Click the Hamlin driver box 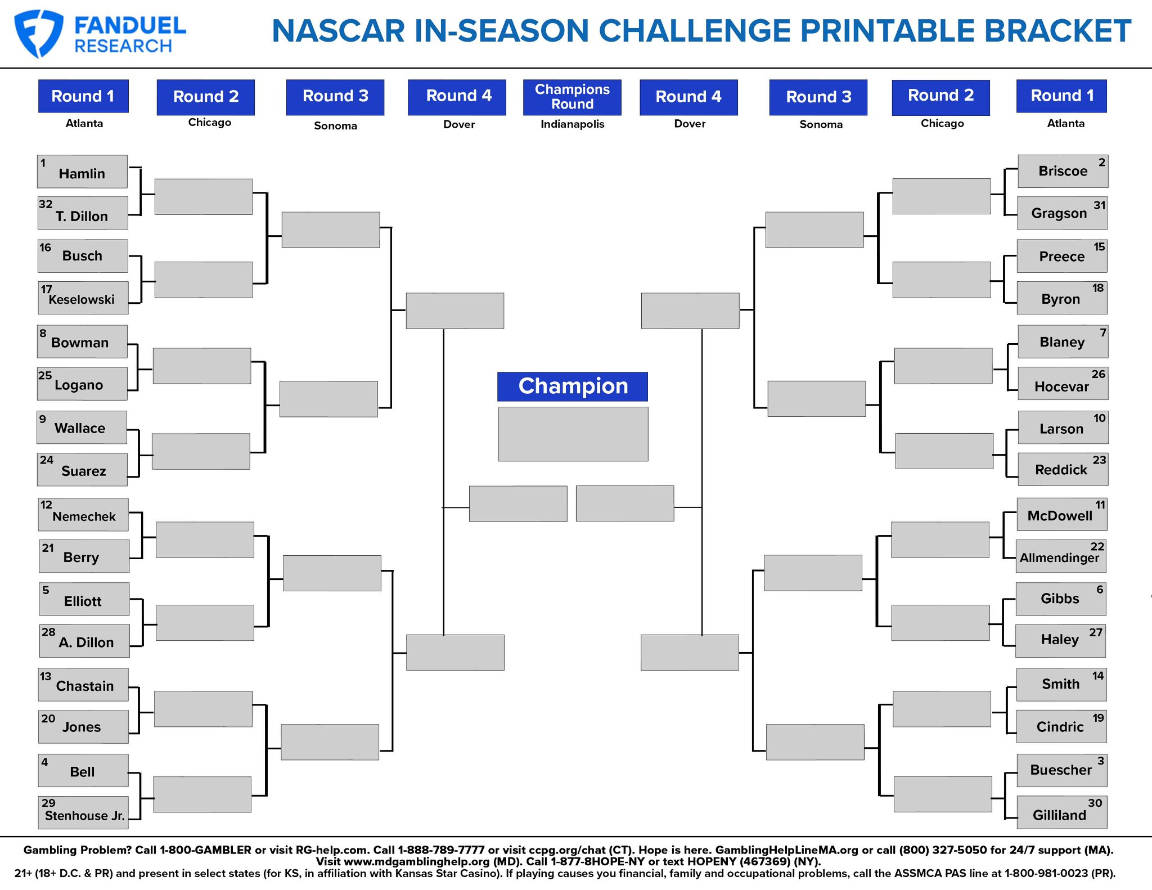82,172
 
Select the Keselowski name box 83,298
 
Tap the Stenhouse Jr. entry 83,812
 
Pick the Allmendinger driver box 1061,556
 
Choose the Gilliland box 1062,812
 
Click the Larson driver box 1063,428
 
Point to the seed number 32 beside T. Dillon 46,204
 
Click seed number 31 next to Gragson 1100,205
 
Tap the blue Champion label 573,386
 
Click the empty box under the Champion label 573,434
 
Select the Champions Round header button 572,97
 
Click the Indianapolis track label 573,124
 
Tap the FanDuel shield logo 38,33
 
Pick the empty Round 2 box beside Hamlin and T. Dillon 204,197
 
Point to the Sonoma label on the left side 335,125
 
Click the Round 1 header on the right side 1061,96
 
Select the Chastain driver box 83,685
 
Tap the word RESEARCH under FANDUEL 123,46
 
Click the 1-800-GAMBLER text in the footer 205,850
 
